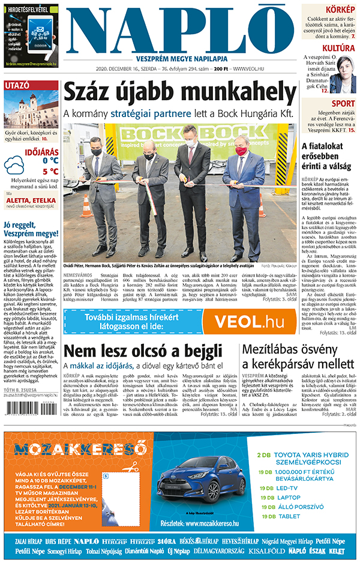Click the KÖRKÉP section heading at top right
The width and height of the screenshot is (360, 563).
click(340, 10)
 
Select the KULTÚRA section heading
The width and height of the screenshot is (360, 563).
click(338, 48)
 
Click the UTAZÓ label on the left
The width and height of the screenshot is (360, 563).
click(17, 85)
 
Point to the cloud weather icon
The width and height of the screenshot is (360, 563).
click(14, 165)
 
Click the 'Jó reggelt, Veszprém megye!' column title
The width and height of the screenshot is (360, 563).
click(31, 229)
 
